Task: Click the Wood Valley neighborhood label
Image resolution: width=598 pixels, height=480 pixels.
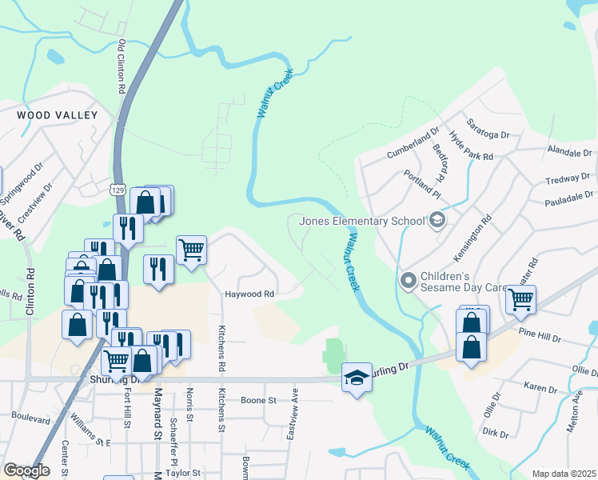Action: (x=57, y=115)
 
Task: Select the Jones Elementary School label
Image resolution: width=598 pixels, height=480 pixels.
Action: (x=362, y=221)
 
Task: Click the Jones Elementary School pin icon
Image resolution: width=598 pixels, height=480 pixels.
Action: (x=437, y=219)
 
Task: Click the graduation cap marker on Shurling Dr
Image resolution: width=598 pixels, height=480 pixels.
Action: (x=357, y=377)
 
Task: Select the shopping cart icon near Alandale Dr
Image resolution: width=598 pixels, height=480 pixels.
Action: (x=520, y=300)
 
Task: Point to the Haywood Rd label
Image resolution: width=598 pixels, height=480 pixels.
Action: (x=249, y=294)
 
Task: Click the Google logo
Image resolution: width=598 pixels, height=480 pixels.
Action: (x=27, y=470)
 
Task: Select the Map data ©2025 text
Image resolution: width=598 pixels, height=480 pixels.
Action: (x=564, y=474)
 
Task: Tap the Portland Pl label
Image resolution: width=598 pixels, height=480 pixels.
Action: (x=421, y=184)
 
